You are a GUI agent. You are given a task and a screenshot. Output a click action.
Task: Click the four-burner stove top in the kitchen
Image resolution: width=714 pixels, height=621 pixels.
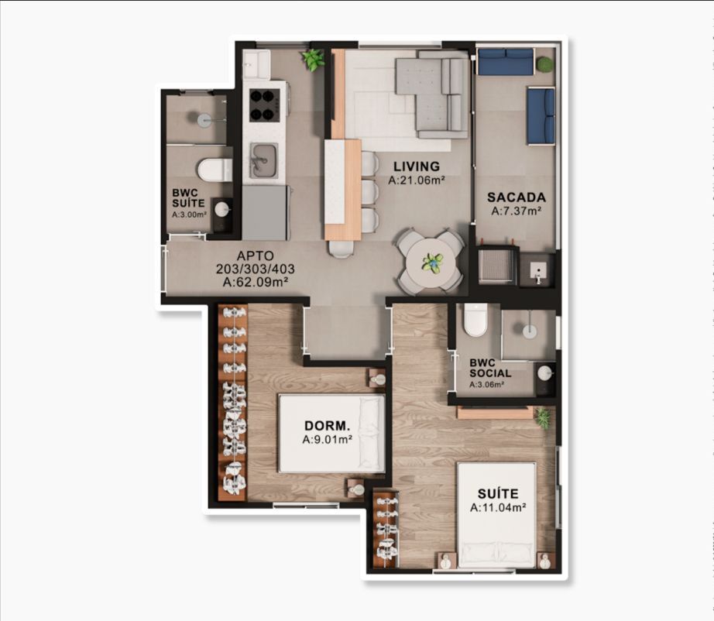coord(264,105)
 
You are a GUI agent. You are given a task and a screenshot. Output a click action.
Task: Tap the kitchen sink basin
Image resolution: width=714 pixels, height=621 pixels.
coord(263,160)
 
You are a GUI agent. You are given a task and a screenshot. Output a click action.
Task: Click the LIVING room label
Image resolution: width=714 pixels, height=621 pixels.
coord(417,166)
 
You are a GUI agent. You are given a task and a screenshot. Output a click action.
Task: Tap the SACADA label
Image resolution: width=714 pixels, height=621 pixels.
coord(517,197)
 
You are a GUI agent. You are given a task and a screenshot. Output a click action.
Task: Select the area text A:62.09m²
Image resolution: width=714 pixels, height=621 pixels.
coord(256,283)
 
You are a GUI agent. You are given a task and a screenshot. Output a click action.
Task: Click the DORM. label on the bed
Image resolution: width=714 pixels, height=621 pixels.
coord(328,426)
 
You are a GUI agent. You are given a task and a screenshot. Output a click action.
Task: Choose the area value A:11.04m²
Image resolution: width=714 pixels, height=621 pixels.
coord(498,507)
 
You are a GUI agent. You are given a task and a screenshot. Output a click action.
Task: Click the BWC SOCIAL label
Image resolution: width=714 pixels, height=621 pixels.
coord(490,369)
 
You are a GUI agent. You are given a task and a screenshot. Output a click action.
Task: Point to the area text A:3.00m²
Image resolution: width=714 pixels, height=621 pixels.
coord(189,214)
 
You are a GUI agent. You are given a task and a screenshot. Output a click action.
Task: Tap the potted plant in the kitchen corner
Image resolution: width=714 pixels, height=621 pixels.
coord(313,60)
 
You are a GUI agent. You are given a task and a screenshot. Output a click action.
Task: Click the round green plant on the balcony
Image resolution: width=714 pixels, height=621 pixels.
coord(544,64)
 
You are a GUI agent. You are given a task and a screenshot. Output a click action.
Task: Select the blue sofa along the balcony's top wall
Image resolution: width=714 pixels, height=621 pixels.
coord(506,61)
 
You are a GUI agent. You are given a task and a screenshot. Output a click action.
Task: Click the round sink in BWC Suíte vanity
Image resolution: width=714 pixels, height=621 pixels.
coord(222,209)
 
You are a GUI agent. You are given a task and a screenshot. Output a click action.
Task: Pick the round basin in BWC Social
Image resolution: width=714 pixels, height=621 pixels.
coord(545,373)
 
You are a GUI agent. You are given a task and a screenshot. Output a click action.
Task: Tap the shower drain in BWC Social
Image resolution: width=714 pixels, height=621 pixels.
coord(530,331)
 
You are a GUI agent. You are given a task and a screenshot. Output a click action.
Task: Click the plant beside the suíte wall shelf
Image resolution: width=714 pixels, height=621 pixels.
coord(543,417)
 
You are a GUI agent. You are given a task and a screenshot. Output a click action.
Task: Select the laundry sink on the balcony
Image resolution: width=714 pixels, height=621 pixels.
coord(538,270)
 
